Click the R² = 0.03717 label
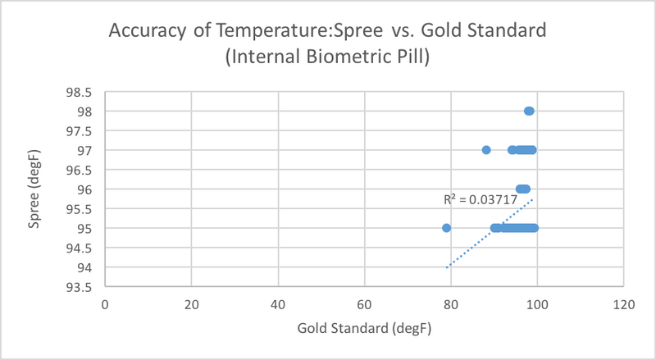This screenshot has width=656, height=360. pyautogui.click(x=475, y=199)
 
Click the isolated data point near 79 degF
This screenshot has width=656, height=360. pyautogui.click(x=446, y=228)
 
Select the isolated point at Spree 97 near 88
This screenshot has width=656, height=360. pyautogui.click(x=486, y=150)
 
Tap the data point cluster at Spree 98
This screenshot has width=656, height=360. pyautogui.click(x=529, y=111)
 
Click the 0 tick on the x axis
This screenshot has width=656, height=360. pyautogui.click(x=105, y=304)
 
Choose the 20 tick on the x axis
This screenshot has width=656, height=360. pyautogui.click(x=191, y=304)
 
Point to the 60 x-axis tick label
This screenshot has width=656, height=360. pyautogui.click(x=364, y=304)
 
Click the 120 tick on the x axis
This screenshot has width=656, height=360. pyautogui.click(x=623, y=304)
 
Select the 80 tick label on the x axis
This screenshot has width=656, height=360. pyautogui.click(x=450, y=304)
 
